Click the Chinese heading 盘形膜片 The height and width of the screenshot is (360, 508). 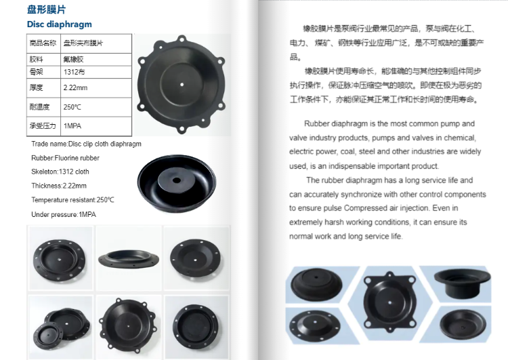[47, 9]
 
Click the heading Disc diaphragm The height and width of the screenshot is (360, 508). [60, 24]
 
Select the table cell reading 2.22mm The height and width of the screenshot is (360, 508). [75, 87]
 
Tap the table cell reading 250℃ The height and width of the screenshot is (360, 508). [72, 107]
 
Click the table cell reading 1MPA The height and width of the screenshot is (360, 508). [71, 126]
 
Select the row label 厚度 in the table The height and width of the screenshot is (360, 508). [37, 87]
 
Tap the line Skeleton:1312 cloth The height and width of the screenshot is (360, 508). [60, 172]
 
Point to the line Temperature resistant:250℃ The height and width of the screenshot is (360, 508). [72, 200]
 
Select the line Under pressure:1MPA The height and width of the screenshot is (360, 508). [64, 214]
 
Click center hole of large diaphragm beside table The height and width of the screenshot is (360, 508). [183, 85]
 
